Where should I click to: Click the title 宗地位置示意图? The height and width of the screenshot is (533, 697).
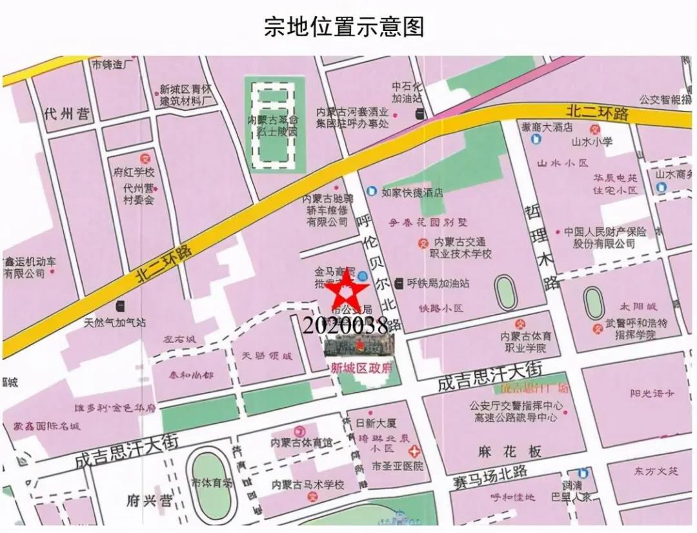[x=344, y=27]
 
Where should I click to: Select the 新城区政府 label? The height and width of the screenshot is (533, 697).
[x=361, y=368]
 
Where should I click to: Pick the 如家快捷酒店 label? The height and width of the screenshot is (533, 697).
[x=412, y=192]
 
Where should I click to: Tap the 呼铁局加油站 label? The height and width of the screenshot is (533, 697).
[x=438, y=283]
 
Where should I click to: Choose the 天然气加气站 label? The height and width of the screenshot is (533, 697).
[x=115, y=322]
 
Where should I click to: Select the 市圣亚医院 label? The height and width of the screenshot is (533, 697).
[x=398, y=465]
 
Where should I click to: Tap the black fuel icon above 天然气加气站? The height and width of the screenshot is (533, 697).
[x=120, y=305]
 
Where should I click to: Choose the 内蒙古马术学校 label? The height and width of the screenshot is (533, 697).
[x=307, y=485]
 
